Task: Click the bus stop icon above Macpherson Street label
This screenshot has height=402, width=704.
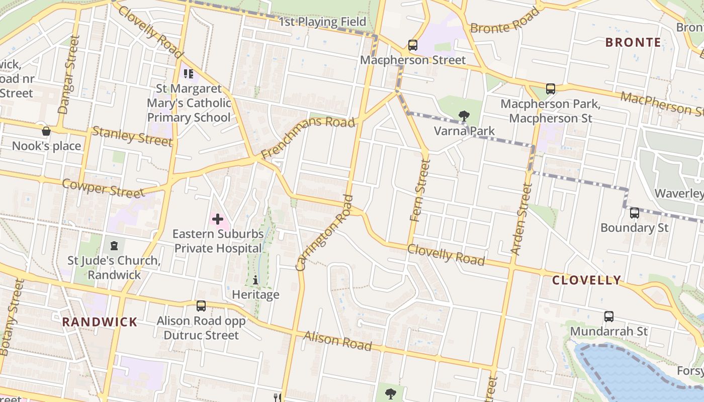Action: pyautogui.click(x=413, y=45)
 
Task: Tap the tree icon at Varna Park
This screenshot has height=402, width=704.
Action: pyautogui.click(x=464, y=117)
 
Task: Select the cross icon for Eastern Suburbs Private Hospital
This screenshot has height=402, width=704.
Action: pyautogui.click(x=218, y=219)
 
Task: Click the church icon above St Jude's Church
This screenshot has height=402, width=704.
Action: pyautogui.click(x=114, y=246)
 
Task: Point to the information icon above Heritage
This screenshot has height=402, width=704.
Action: pyautogui.click(x=255, y=280)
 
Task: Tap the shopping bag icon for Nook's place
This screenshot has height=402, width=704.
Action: pyautogui.click(x=46, y=132)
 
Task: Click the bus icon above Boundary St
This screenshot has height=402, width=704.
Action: pyautogui.click(x=635, y=213)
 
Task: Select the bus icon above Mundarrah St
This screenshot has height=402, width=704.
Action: pyautogui.click(x=609, y=317)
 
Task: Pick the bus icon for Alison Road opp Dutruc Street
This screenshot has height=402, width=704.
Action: pyautogui.click(x=201, y=306)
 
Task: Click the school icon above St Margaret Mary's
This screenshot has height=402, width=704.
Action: pyautogui.click(x=189, y=74)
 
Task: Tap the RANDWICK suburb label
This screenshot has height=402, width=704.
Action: pyautogui.click(x=100, y=322)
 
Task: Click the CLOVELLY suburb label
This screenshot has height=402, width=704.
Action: pyautogui.click(x=587, y=280)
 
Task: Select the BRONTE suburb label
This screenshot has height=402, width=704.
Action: pyautogui.click(x=633, y=42)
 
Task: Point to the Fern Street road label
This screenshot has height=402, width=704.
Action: pyautogui.click(x=420, y=190)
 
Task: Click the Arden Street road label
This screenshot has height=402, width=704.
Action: pyautogui.click(x=521, y=219)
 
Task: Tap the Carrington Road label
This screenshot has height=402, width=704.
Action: pyautogui.click(x=325, y=233)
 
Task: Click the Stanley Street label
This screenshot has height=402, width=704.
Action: pyautogui.click(x=132, y=136)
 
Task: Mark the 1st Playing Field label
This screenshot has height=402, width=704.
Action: pyautogui.click(x=322, y=22)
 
